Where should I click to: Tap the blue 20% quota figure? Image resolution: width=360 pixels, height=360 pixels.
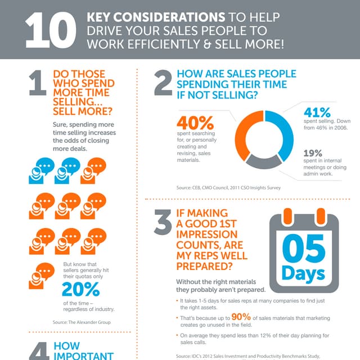pos(81,289)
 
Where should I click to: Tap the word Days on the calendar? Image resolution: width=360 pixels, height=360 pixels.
pos(303,274)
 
